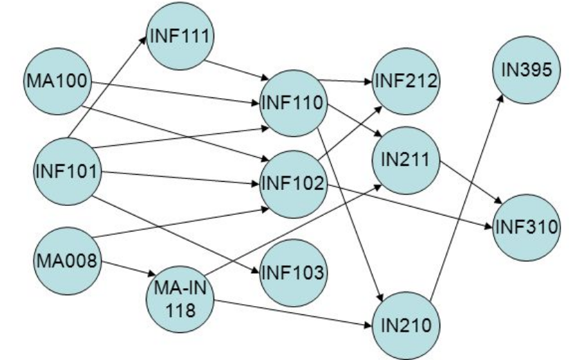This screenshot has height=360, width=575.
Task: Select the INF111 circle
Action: coord(180,35)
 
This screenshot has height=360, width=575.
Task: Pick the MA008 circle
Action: coord(66,261)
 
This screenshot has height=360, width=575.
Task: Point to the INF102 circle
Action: coord(294,184)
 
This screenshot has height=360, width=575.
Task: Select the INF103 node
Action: coord(294,273)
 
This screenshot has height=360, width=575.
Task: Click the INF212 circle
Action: coord(406,80)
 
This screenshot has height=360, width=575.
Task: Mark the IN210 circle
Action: coord(406,323)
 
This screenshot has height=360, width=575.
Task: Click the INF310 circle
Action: coord(526,227)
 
